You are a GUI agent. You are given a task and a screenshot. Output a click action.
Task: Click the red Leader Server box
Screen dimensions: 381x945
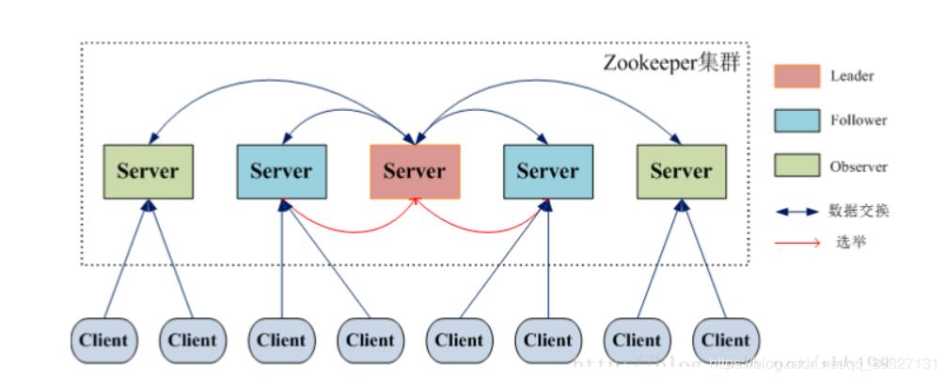(x=415, y=171)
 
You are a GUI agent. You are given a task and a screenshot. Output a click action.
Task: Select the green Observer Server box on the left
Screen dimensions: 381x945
(x=148, y=171)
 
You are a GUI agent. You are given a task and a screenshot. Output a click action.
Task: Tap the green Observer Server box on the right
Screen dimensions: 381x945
(x=681, y=171)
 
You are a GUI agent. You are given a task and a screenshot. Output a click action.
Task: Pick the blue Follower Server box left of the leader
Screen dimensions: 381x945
(x=281, y=171)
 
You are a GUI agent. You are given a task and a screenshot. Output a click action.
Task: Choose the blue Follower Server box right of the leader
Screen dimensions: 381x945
(x=547, y=171)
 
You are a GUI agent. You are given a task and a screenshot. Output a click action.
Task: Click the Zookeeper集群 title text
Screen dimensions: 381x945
(x=671, y=64)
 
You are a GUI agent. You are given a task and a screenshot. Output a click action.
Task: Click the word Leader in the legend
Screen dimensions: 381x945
(x=852, y=76)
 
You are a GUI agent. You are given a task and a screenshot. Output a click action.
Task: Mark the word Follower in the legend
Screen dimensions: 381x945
(x=858, y=120)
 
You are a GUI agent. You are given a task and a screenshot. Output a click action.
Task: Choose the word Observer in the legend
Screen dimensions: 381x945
(x=858, y=167)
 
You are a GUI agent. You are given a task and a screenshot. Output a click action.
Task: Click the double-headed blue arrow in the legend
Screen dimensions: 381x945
(x=797, y=212)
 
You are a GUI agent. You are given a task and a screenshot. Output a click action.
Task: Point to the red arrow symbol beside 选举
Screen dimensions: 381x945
(x=796, y=243)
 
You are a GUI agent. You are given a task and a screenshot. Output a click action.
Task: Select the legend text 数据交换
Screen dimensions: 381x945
(x=858, y=212)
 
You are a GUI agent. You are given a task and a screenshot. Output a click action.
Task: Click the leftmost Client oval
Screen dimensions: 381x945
(x=103, y=340)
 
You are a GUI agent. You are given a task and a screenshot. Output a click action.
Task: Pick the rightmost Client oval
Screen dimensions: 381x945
(x=726, y=340)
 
